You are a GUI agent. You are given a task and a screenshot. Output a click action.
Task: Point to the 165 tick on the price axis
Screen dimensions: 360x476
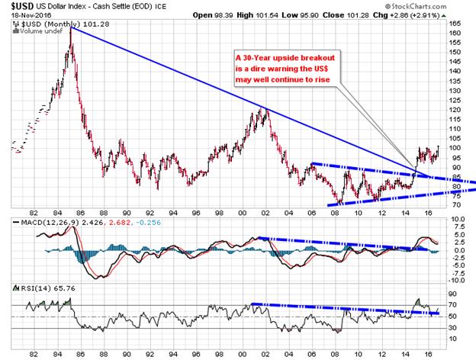click(454, 24)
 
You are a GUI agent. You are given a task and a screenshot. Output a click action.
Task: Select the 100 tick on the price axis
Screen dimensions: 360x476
click(454, 149)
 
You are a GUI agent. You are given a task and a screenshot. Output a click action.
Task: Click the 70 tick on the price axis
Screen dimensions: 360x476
click(454, 205)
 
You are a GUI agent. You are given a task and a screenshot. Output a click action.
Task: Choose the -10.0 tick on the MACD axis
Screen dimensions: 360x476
click(456, 280)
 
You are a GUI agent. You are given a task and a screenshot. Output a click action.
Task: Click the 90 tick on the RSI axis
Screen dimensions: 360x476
click(453, 291)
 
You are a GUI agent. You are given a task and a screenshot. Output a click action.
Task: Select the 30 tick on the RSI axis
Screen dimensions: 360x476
click(453, 329)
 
